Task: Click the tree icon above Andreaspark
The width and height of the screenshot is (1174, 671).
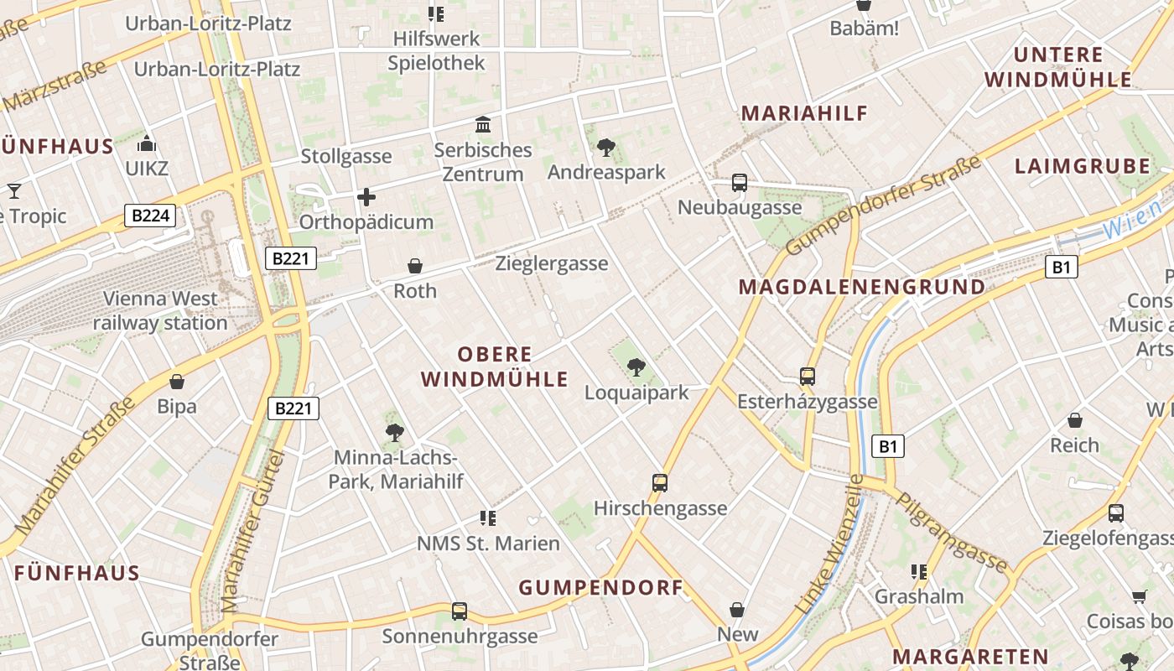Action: coord(605,148)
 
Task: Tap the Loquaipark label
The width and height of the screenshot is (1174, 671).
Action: coord(636,393)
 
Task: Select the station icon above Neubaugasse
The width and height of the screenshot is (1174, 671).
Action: coord(739,183)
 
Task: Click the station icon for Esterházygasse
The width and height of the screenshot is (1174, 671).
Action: coord(808,377)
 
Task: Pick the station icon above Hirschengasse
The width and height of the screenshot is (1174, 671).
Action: coord(660,483)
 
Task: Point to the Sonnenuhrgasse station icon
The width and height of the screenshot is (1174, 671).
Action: coord(459,611)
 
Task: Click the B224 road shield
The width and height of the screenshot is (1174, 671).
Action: coord(151,216)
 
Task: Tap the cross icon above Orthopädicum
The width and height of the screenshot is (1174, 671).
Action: coord(366,198)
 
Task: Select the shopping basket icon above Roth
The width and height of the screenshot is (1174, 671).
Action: coord(415,266)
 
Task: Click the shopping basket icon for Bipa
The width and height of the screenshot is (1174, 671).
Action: coord(177,382)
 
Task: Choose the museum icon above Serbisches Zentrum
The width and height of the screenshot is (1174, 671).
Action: coord(483,125)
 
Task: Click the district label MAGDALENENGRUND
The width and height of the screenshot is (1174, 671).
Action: coord(862,287)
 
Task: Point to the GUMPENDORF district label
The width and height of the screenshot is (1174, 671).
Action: coord(601,587)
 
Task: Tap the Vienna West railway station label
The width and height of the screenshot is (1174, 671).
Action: coord(160,310)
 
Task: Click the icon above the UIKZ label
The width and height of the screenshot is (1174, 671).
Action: coord(147,143)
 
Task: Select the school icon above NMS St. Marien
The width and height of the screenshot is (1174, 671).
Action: coord(488,518)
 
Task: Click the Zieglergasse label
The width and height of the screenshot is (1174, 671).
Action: coord(552,263)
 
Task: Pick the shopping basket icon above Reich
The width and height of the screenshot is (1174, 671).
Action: coord(1074,420)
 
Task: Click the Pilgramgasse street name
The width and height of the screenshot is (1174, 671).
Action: coord(952,532)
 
